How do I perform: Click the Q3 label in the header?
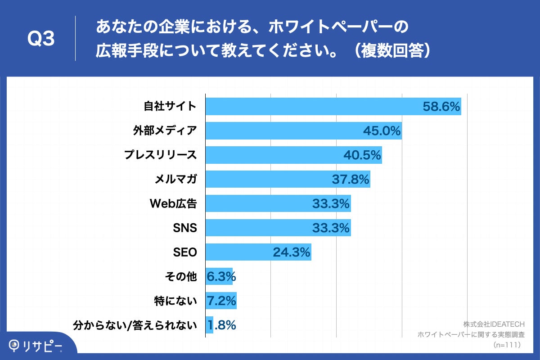click(x=41, y=40)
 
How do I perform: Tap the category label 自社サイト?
click(x=170, y=106)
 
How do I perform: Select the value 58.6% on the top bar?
click(x=441, y=107)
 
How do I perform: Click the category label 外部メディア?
click(x=165, y=130)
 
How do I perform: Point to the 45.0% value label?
click(x=382, y=131)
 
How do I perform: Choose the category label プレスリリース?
click(x=161, y=155)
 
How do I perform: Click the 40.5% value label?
click(x=362, y=155)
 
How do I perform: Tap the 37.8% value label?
click(x=351, y=180)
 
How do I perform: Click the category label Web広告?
click(x=173, y=204)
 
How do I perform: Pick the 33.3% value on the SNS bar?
click(x=331, y=228)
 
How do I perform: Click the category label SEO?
click(x=185, y=252)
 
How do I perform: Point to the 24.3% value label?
click(x=291, y=252)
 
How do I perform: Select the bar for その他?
click(x=219, y=276)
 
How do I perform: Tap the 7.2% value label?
click(x=221, y=301)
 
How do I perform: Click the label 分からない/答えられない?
click(x=135, y=325)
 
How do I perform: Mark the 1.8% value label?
click(x=221, y=325)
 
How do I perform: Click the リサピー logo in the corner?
click(x=36, y=345)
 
